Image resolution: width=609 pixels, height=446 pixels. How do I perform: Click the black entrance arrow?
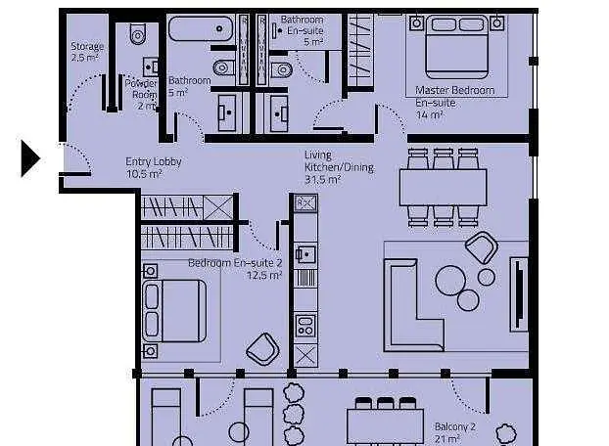tap(30, 158)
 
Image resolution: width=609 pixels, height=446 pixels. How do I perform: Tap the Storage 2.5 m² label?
tap(87, 52)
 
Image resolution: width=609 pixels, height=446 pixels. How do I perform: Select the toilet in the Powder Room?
tap(138, 34)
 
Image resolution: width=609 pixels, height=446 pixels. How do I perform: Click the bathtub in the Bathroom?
tap(201, 28)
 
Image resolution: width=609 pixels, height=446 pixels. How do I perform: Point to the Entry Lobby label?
tap(154, 167)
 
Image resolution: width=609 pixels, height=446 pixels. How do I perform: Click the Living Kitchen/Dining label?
tap(339, 167)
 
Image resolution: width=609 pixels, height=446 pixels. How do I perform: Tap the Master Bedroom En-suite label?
tap(454, 103)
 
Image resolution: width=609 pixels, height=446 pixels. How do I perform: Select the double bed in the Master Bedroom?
tap(456, 47)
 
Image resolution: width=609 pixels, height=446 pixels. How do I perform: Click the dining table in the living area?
tap(443, 188)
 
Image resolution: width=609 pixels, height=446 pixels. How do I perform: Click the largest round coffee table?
tap(450, 280)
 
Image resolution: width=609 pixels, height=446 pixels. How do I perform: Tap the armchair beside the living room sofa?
tap(482, 247)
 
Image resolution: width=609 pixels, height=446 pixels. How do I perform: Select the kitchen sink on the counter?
tap(306, 254)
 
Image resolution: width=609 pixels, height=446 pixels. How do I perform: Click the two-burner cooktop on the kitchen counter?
tap(305, 325)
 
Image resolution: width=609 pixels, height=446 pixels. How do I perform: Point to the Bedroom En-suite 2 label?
tap(235, 269)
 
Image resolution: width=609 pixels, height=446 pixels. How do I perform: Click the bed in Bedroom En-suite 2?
tap(175, 311)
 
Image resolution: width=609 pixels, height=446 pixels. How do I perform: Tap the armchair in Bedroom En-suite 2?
tap(262, 349)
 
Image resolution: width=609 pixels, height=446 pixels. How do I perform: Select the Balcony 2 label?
tap(455, 433)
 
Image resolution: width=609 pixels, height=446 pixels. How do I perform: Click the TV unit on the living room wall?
tap(519, 294)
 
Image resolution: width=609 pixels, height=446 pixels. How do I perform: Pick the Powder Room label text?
tap(141, 94)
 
